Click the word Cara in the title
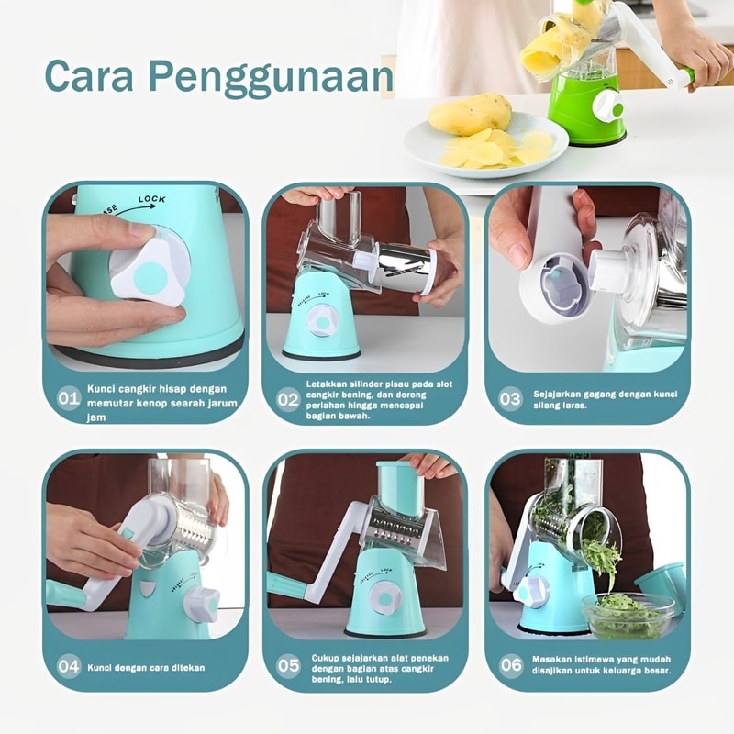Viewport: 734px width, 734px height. click(x=89, y=75)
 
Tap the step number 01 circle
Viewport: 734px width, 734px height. click(x=68, y=398)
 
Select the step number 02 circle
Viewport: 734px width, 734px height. click(x=287, y=399)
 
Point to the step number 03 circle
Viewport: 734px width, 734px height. click(x=510, y=399)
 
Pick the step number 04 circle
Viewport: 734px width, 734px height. click(x=68, y=666)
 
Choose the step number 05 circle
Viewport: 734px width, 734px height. click(x=288, y=665)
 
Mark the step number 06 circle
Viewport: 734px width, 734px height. click(x=511, y=664)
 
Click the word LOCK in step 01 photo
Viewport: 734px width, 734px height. click(x=152, y=199)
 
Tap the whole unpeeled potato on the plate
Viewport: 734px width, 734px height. click(x=470, y=114)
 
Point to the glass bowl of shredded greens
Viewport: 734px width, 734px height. click(x=628, y=615)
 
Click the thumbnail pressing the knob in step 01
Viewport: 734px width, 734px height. click(x=139, y=230)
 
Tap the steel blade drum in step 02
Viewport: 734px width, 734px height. click(x=404, y=268)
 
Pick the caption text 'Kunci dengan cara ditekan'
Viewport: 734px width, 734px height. click(x=146, y=668)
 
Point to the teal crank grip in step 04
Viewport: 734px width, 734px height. click(x=63, y=591)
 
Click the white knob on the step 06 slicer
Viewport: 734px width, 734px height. click(x=531, y=592)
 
